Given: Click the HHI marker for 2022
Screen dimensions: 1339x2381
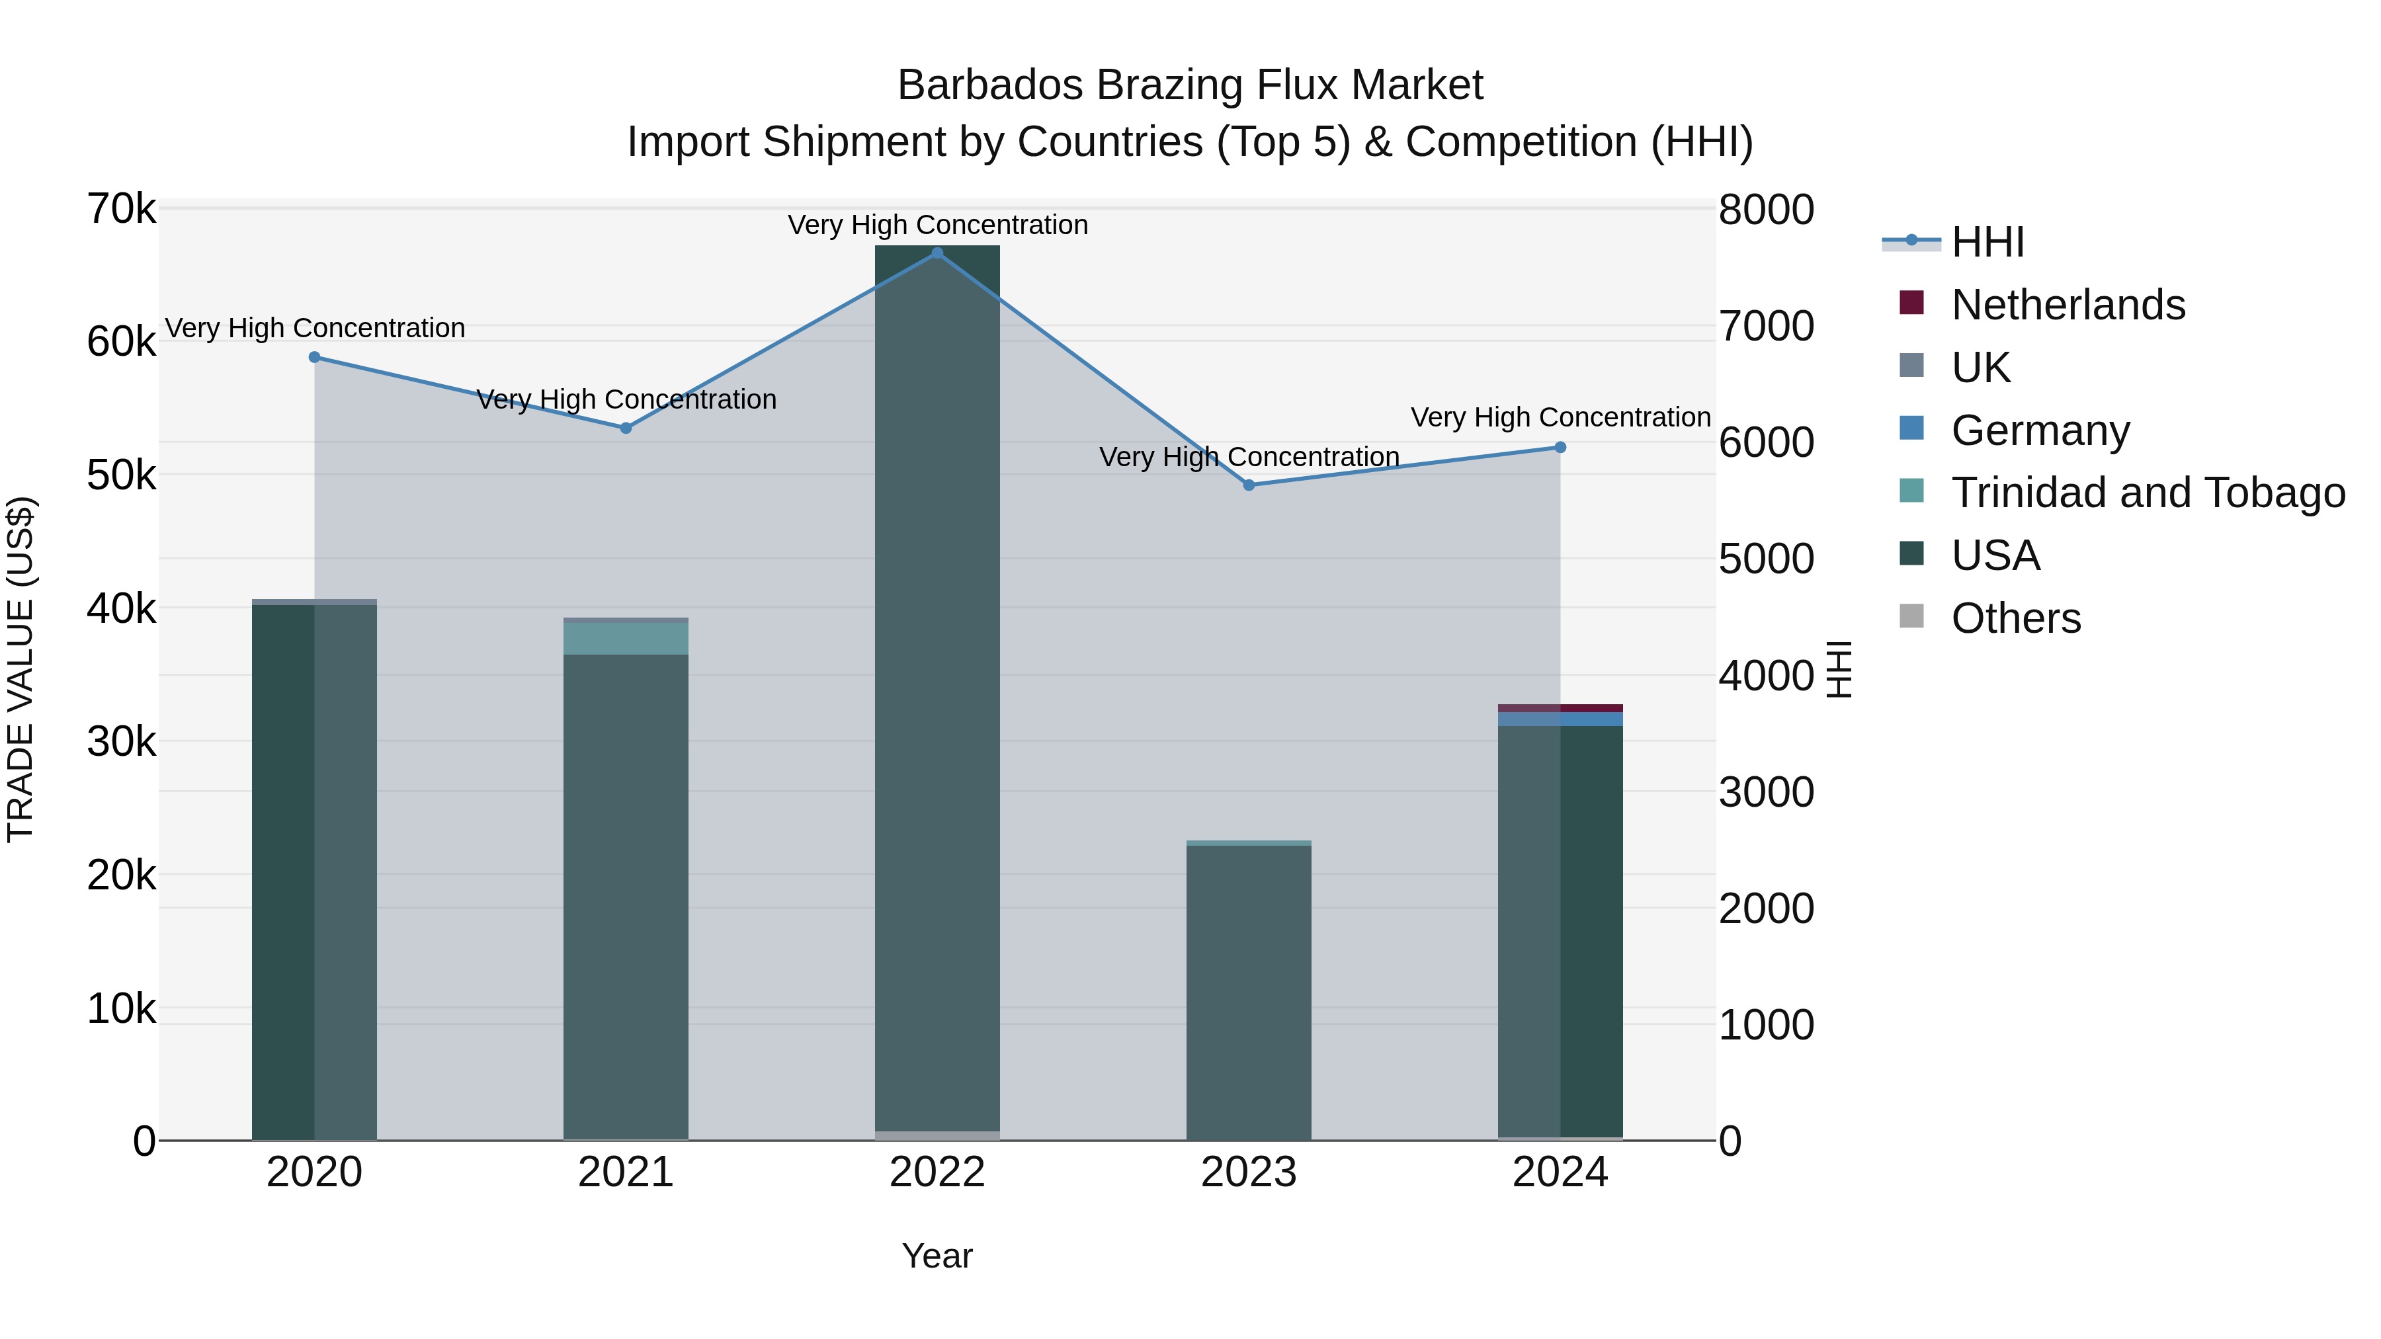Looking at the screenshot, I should click(937, 253).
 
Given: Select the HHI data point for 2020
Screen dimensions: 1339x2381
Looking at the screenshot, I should click(314, 356).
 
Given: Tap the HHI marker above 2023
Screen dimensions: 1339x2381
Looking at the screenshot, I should click(1249, 485).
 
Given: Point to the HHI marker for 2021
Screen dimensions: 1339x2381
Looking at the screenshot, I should click(626, 428).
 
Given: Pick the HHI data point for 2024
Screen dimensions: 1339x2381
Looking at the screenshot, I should click(1560, 447).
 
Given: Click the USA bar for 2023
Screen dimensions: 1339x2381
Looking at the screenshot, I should click(1249, 989).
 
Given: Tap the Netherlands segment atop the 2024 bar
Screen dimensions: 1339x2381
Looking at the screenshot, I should click(1560, 708).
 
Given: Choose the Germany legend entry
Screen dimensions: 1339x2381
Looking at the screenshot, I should click(2040, 430).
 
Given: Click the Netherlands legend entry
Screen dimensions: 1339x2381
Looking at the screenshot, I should click(2068, 305).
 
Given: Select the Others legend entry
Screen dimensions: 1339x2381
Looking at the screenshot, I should click(2015, 618).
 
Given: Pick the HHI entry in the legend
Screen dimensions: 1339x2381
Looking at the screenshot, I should click(1987, 242).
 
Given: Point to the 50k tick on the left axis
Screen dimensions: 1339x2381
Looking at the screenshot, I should click(121, 476).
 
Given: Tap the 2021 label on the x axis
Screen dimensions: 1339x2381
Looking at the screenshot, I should click(626, 1172).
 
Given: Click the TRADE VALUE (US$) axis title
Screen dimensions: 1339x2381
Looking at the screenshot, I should click(21, 670).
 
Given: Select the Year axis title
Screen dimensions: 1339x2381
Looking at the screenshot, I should click(937, 1256).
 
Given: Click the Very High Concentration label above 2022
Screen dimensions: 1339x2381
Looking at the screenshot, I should click(937, 225).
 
